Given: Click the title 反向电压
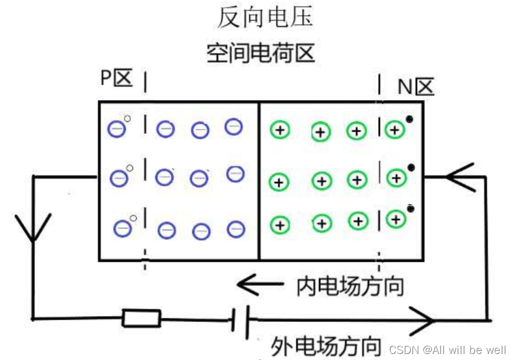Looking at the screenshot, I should (265, 17).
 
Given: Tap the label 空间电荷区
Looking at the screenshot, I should (261, 54).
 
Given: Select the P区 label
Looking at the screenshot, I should (116, 78).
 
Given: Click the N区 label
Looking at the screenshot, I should (415, 87).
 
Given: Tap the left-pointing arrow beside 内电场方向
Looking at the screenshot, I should (259, 282).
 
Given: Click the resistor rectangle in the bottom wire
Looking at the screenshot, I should (142, 318).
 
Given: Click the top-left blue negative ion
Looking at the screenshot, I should (117, 128).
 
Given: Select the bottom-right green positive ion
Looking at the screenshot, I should (395, 219).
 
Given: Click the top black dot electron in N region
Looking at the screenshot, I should (409, 119).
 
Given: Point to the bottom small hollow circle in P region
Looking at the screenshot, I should (133, 218).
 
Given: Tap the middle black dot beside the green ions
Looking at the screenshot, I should (411, 167).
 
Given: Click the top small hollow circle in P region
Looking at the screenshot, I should (127, 118).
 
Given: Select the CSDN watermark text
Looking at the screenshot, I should (447, 350).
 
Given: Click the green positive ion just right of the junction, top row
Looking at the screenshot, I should (279, 129).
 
